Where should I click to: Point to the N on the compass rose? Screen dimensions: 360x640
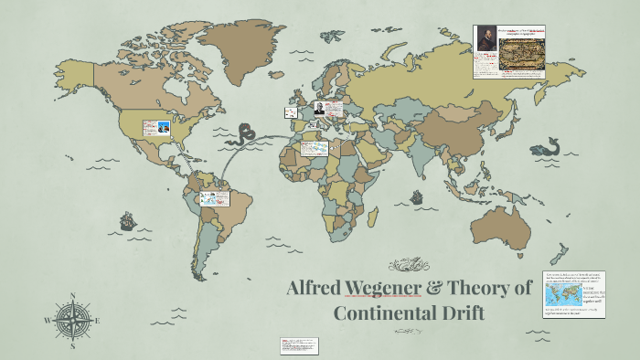coord(72,297)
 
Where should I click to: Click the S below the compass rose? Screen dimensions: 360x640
coord(72,347)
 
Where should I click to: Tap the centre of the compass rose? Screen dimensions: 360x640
coord(72,322)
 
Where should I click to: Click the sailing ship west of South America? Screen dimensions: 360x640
coord(128,220)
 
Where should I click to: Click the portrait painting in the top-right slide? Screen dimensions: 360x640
coord(485,40)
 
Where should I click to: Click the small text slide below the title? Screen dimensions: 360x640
coord(300,344)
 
